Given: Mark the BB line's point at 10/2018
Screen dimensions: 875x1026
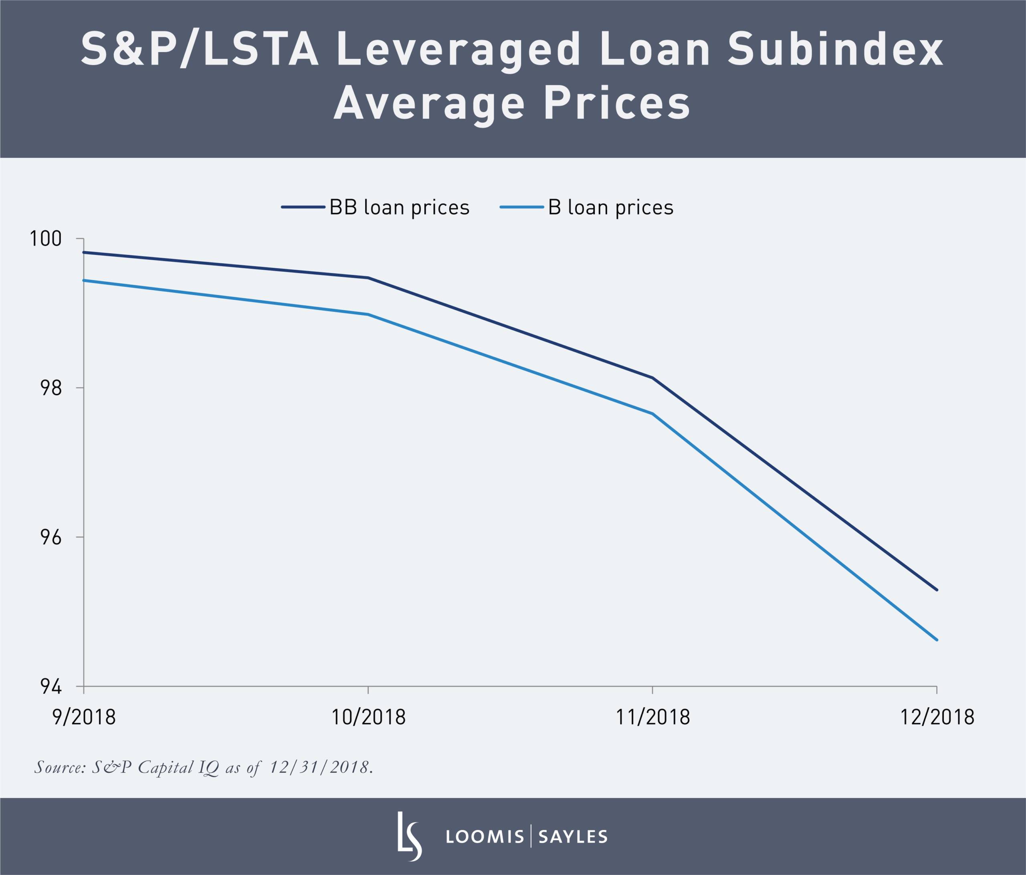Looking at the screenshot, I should point(368,278).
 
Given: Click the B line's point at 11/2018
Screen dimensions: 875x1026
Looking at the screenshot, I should point(652,414).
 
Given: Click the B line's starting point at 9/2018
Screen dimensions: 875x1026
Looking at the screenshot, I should point(84,280).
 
